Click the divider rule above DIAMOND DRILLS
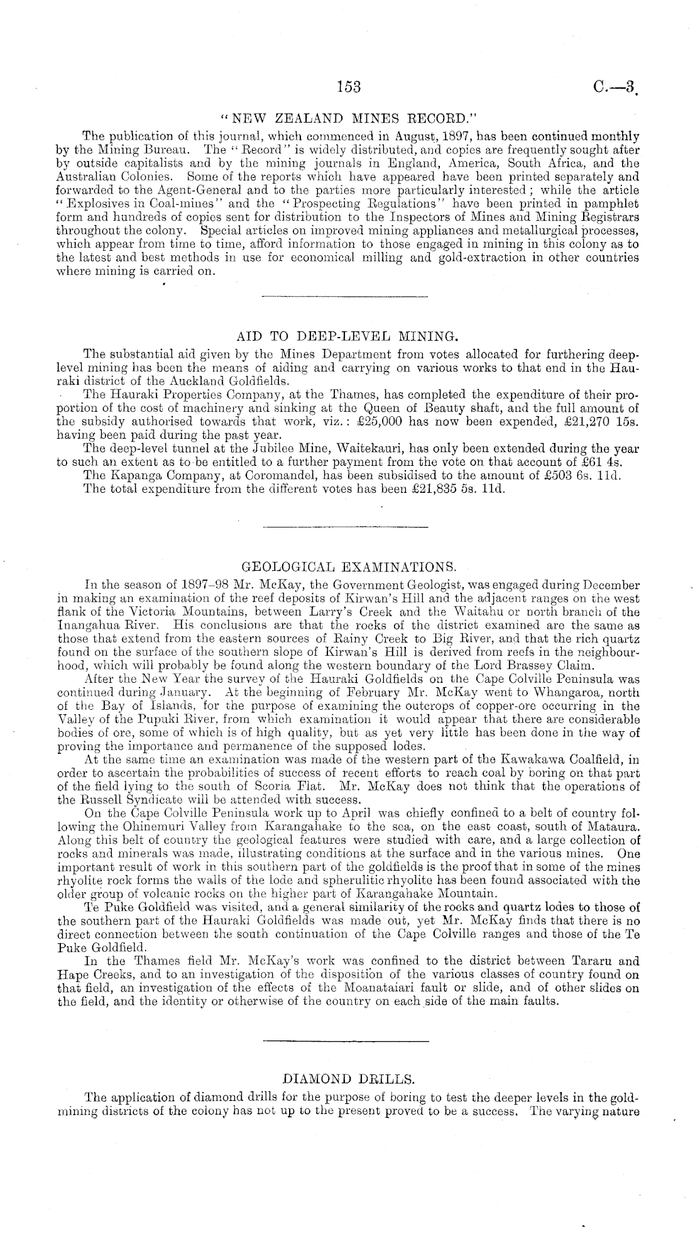tap(345, 1042)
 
